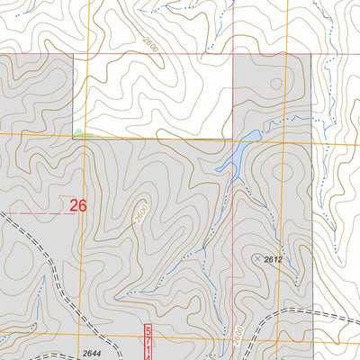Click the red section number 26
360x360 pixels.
click(x=77, y=206)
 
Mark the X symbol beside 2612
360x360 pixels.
click(x=258, y=258)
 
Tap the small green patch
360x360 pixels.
click(x=82, y=134)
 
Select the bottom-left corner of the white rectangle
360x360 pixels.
click(x=86, y=137)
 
